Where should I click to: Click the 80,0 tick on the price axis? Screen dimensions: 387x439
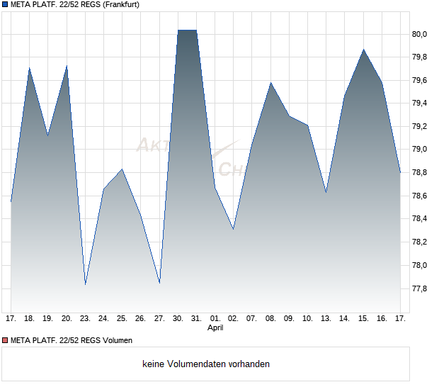tap(421, 34)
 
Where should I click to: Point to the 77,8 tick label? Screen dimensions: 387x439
tap(421, 288)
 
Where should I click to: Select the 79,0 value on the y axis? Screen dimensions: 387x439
tap(421, 150)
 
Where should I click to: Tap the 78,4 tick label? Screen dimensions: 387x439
tap(421, 219)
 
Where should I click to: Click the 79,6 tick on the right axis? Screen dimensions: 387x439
tap(421, 80)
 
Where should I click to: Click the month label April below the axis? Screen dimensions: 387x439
tap(216, 328)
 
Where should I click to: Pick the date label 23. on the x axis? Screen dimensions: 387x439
tap(85, 319)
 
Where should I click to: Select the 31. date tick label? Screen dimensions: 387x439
tap(197, 319)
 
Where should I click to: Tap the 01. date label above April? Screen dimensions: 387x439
tap(215, 319)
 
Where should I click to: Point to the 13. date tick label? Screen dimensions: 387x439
tap(326, 319)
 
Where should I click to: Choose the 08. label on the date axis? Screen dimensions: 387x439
tap(270, 319)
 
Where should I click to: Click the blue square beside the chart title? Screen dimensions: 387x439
tap(5, 5)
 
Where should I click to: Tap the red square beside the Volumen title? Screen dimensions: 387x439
tap(5, 341)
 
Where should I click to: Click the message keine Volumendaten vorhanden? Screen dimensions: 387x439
tap(206, 364)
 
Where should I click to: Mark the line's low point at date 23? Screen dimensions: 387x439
tap(85, 284)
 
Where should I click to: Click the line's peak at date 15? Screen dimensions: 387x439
tap(364, 50)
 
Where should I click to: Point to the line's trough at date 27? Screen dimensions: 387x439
tap(160, 283)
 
